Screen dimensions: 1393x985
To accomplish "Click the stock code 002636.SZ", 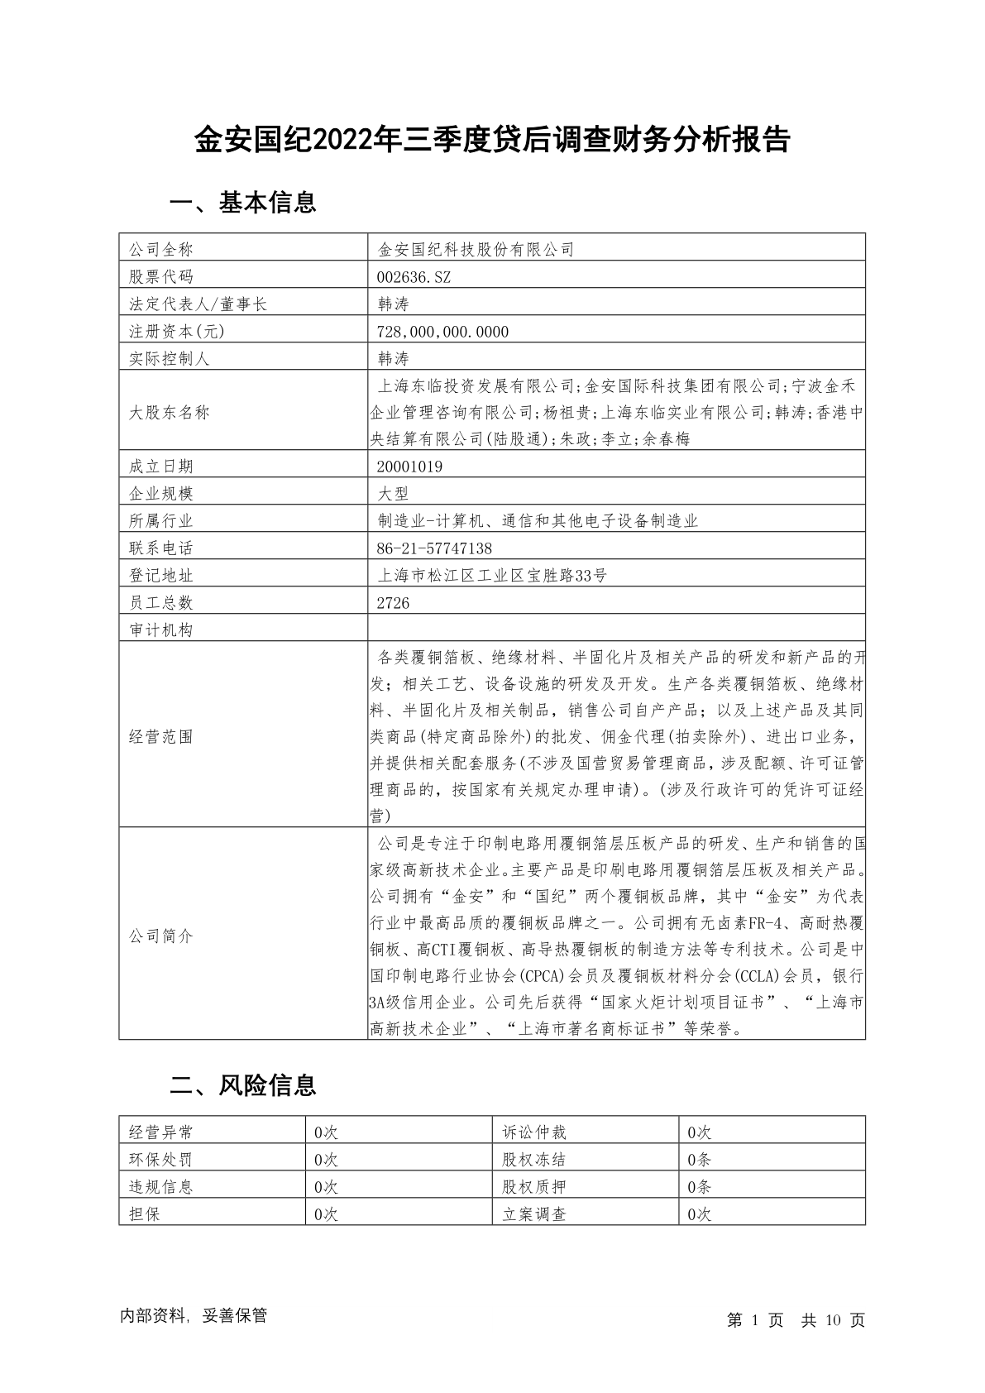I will pos(414,277).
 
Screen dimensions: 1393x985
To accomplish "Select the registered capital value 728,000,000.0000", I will pos(442,332).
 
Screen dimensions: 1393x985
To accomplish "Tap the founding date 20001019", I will pos(409,467).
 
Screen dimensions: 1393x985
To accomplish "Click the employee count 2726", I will pos(393,603).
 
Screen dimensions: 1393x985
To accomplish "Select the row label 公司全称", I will pos(160,250).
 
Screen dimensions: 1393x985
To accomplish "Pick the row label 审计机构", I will pos(160,630).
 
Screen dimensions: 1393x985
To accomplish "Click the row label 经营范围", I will pos(160,737).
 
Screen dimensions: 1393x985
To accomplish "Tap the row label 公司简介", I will pos(160,936).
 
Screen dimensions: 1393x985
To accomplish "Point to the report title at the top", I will pos(492,141).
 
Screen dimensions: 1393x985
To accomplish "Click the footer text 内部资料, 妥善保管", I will pos(194,1316).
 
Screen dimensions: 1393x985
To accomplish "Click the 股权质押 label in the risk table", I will pos(534,1187).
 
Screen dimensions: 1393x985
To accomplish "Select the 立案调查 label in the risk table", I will pos(534,1214).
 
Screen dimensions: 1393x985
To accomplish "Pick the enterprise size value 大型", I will pos(393,494).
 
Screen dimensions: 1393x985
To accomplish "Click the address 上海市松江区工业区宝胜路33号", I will pos(491,576).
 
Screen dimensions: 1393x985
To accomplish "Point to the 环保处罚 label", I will pos(160,1160).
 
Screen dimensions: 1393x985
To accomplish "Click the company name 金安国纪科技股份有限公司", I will pos(476,250).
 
